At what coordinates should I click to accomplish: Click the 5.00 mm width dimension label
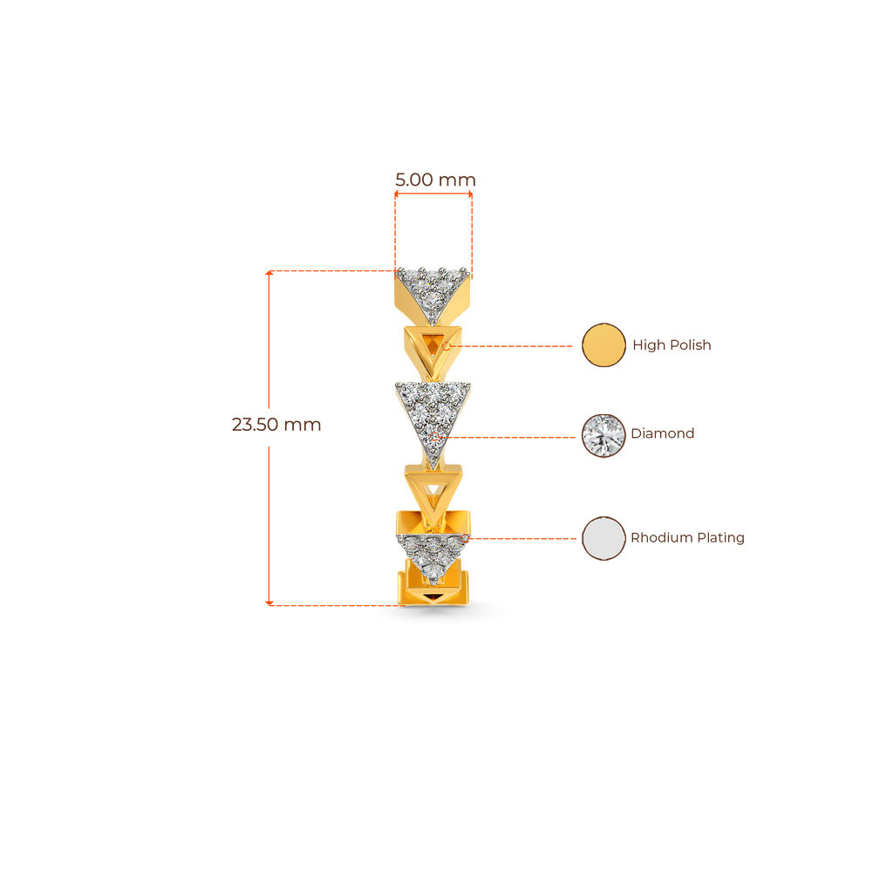pyautogui.click(x=435, y=180)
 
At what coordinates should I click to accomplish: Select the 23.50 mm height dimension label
pyautogui.click(x=276, y=425)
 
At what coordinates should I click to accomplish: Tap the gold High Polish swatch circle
pyautogui.click(x=603, y=345)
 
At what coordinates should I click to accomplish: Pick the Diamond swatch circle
pyautogui.click(x=603, y=433)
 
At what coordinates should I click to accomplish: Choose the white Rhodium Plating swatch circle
pyautogui.click(x=603, y=538)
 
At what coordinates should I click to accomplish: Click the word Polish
pyautogui.click(x=691, y=345)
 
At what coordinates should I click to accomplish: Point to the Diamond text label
pyautogui.click(x=663, y=433)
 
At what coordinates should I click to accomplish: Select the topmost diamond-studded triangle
pyautogui.click(x=433, y=284)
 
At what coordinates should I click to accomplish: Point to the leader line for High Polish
pyautogui.click(x=515, y=346)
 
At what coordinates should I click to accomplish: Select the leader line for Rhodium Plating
pyautogui.click(x=523, y=539)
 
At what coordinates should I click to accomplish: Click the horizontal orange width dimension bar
pyautogui.click(x=434, y=195)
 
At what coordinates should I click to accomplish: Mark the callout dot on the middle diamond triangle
pyautogui.click(x=435, y=433)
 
